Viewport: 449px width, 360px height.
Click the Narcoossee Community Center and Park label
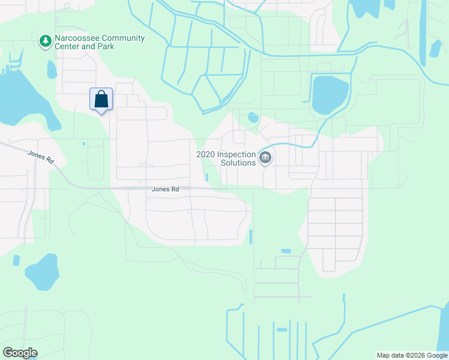click(x=100, y=42)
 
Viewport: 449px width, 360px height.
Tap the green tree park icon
click(x=45, y=41)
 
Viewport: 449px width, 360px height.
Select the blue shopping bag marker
click(x=101, y=99)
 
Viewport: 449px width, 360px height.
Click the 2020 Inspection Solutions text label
click(x=226, y=158)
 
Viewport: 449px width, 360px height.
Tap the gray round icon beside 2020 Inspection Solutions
click(x=265, y=158)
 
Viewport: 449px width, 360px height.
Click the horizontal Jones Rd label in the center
click(x=165, y=189)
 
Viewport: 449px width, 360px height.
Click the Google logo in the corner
click(x=20, y=353)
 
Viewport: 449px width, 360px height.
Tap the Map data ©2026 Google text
click(x=412, y=355)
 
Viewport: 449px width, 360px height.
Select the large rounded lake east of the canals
click(x=330, y=95)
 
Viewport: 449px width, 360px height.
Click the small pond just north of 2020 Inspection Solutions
click(x=253, y=117)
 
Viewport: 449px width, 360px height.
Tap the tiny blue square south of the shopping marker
click(x=84, y=143)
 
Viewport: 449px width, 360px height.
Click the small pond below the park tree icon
click(x=52, y=70)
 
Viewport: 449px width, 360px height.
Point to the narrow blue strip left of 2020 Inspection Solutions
click(x=207, y=178)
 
